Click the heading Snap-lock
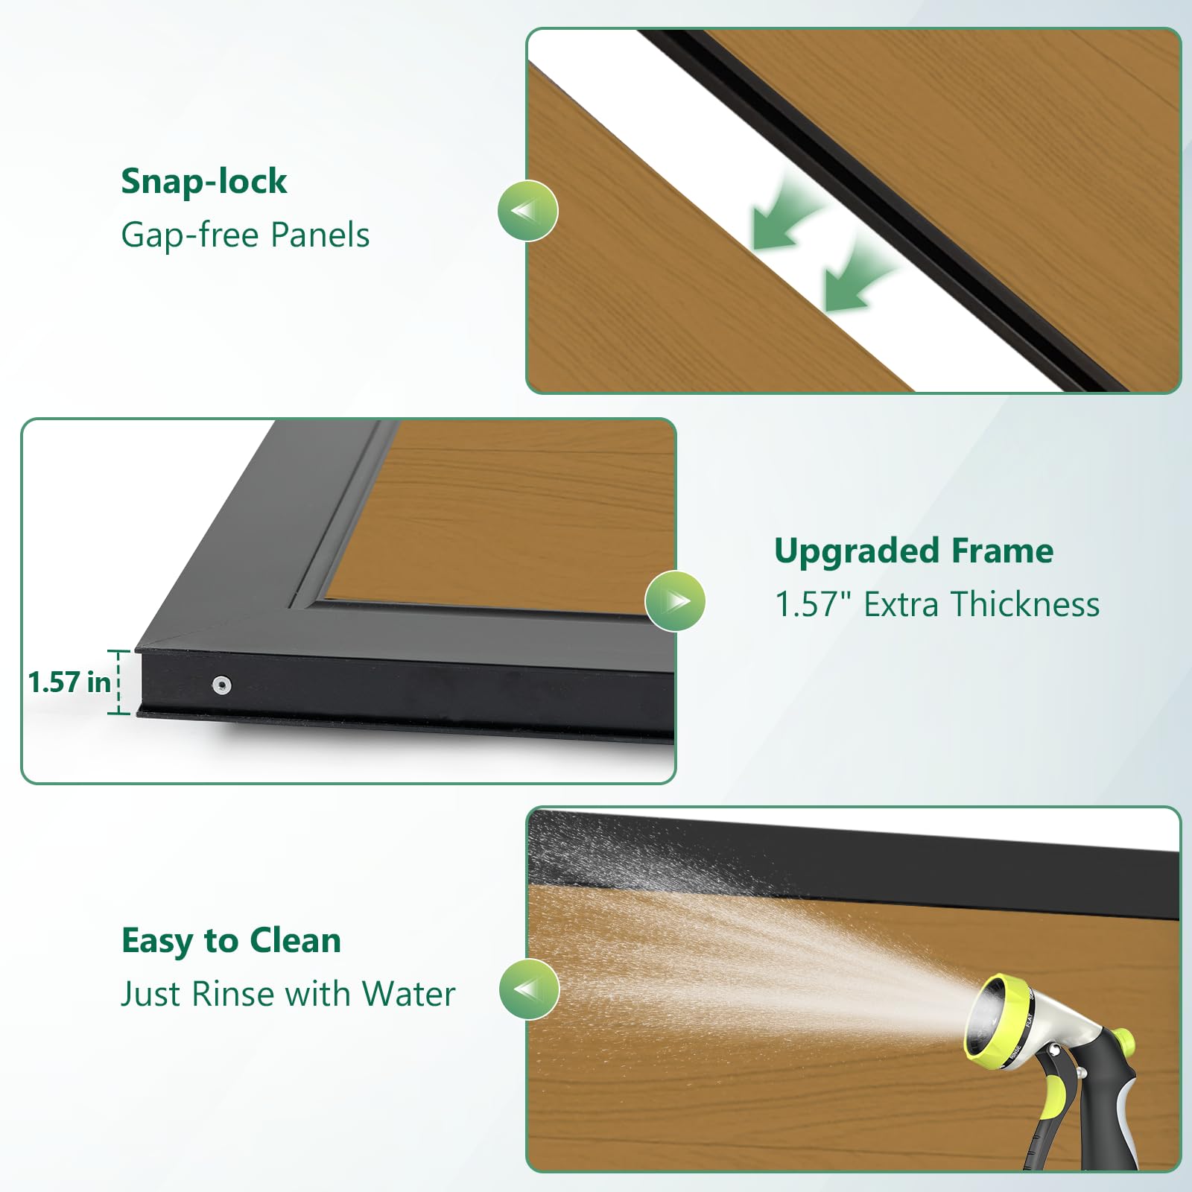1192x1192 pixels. coord(204,182)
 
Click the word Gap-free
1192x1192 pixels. coord(190,235)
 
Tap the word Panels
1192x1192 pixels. coord(320,235)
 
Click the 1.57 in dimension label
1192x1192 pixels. coord(69,682)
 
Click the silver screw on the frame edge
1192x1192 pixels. coord(221,685)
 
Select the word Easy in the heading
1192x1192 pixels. coord(158,942)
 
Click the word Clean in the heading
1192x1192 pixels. coord(296,941)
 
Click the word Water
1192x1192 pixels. coord(408,994)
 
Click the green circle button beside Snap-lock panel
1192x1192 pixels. coord(527,211)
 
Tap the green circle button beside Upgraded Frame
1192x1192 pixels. coord(675,600)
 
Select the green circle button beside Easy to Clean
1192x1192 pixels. coord(529,989)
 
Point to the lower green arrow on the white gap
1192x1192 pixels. coord(858,275)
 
